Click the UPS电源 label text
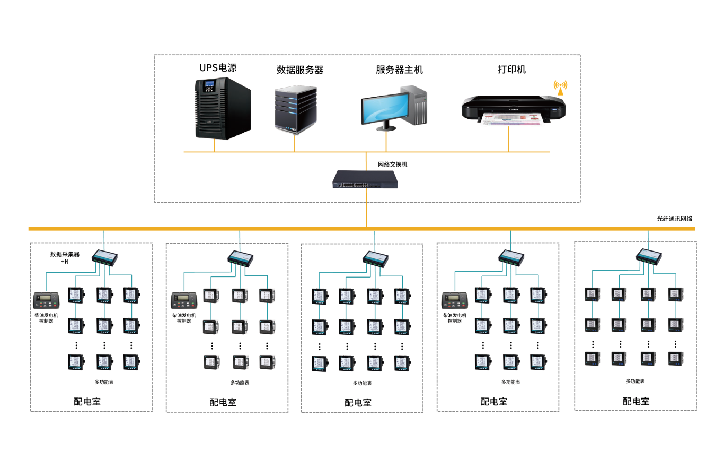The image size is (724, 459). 218,67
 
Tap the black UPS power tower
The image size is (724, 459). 223,108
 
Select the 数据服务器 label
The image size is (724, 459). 300,70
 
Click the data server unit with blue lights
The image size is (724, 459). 296,109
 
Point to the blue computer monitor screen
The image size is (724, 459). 385,108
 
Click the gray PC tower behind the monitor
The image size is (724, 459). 416,105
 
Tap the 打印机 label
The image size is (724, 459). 511,70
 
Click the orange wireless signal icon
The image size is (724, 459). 560,88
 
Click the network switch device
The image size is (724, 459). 365,179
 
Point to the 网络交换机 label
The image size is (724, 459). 392,164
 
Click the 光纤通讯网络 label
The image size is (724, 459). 675,219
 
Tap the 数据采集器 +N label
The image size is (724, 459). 65,258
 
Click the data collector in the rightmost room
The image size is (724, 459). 649,257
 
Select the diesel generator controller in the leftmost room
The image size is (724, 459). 46,300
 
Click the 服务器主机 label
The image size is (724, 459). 399,70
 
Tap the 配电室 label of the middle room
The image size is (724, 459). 358,403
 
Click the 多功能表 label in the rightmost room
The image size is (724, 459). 635,382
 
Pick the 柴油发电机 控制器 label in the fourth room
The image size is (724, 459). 454,318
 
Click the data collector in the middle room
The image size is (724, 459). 375,258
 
